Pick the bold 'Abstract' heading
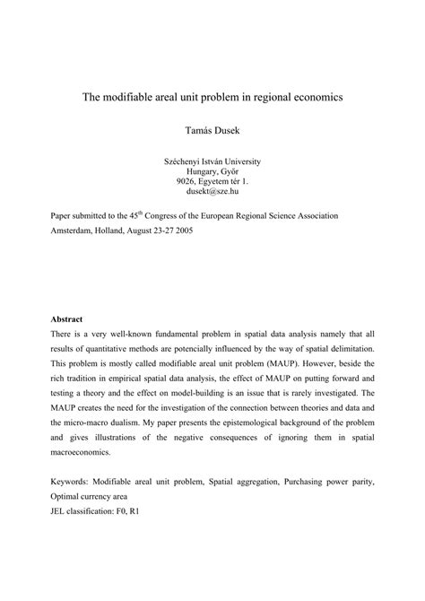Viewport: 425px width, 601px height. pyautogui.click(x=65, y=318)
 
